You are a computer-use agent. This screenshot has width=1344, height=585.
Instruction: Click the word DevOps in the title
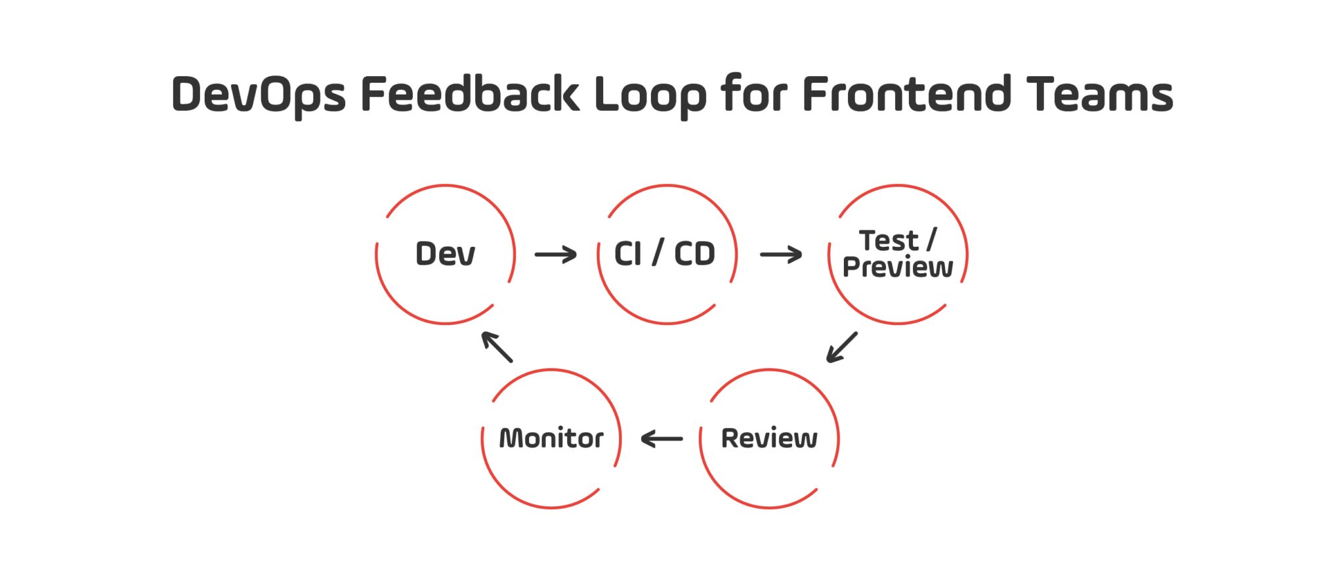tap(258, 95)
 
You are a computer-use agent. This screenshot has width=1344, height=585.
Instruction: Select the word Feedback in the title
tap(469, 94)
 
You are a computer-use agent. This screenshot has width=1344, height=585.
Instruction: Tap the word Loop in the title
tap(650, 95)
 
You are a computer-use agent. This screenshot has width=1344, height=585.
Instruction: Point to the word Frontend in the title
tap(906, 94)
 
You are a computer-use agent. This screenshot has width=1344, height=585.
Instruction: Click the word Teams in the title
tap(1100, 94)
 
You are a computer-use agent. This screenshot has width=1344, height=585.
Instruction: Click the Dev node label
tap(445, 254)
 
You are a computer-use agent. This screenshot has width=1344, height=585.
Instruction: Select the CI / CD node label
tap(664, 254)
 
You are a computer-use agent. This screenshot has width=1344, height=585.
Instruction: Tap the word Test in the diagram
tap(889, 241)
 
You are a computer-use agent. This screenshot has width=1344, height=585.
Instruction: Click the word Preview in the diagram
tap(897, 268)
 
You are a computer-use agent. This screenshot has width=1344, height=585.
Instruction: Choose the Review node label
tap(769, 439)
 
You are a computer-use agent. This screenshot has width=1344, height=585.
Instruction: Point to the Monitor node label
tap(551, 439)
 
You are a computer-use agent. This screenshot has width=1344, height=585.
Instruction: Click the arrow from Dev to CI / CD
tap(555, 254)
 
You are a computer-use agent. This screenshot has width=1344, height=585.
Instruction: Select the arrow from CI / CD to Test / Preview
tap(781, 254)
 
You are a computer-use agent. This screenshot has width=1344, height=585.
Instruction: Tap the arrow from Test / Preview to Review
tap(841, 347)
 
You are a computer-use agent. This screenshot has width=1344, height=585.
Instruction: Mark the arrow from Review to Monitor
tap(661, 439)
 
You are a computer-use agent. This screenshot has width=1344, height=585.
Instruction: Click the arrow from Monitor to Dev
tap(497, 347)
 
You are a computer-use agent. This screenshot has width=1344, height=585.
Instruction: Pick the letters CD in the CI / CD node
tap(694, 254)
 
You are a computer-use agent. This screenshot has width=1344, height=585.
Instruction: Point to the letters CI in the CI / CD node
tap(627, 254)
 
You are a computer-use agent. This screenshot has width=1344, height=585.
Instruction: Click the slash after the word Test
tap(931, 240)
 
